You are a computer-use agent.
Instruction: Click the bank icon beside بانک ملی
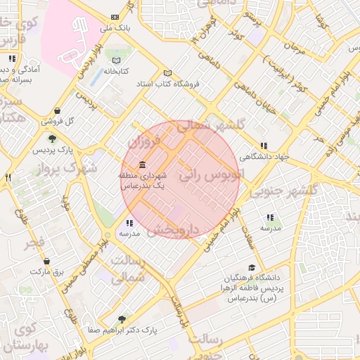pyautogui.click(x=115, y=18)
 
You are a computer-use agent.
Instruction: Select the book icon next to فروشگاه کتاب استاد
pyautogui.click(x=167, y=73)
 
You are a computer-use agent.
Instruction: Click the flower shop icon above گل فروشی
pyautogui.click(x=56, y=110)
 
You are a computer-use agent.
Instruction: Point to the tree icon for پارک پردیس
pyautogui.click(x=52, y=139)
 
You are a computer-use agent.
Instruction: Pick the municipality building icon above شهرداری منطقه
pyautogui.click(x=143, y=164)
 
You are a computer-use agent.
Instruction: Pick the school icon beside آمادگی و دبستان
pyautogui.click(x=11, y=59)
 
